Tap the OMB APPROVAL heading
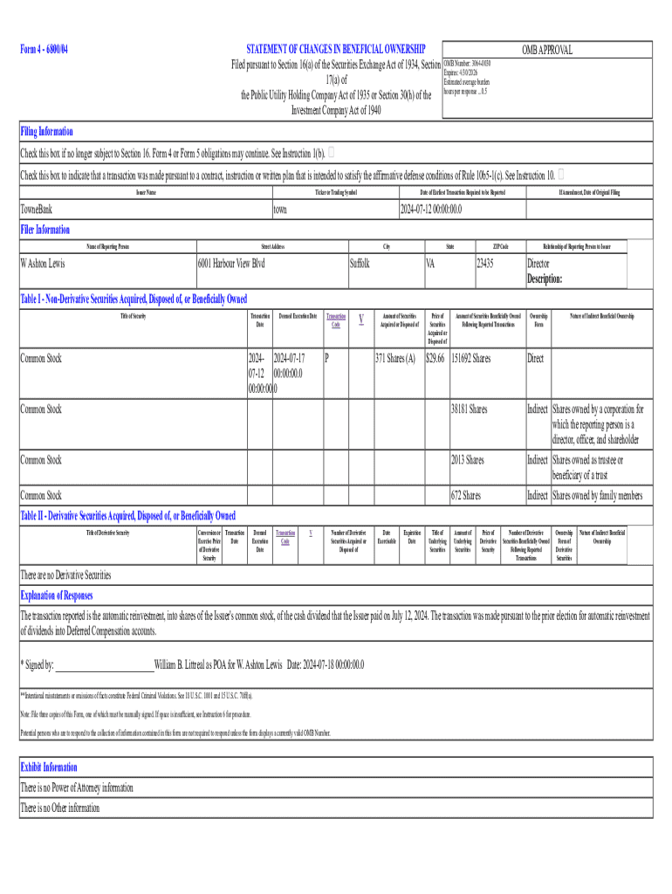pos(546,50)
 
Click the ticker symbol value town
pos(280,210)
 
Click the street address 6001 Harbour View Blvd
pos(232,263)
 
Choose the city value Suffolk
pos(366,263)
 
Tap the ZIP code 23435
pos(486,263)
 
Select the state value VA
pos(431,263)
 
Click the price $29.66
pos(435,358)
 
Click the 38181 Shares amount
pos(469,409)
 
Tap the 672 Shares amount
pos(465,496)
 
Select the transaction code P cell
pos(326,358)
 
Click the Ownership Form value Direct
pos(535,358)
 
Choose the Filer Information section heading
pos(45,230)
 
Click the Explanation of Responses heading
pos(57,595)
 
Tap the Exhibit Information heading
pos(49,767)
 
